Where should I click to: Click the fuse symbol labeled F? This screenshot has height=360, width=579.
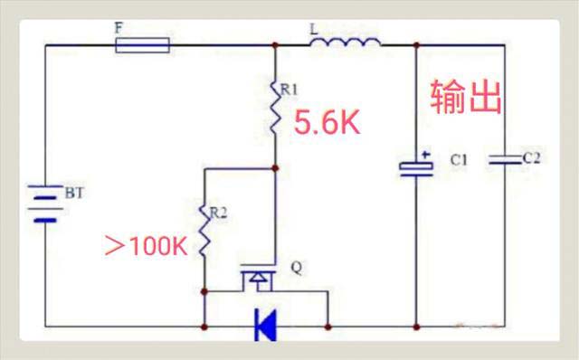pyautogui.click(x=143, y=44)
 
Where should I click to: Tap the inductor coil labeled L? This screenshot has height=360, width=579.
pyautogui.click(x=346, y=43)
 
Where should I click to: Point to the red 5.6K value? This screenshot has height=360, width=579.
pyautogui.click(x=327, y=124)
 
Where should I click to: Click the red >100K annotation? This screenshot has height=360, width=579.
pyautogui.click(x=146, y=245)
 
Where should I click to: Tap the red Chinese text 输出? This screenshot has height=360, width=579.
pyautogui.click(x=466, y=98)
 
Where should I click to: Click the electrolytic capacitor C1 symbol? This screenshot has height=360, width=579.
pyautogui.click(x=416, y=167)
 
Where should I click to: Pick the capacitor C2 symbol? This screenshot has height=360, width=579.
pyautogui.click(x=500, y=161)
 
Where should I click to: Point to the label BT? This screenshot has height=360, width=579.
pyautogui.click(x=73, y=193)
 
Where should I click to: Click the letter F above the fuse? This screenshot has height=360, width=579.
pyautogui.click(x=119, y=28)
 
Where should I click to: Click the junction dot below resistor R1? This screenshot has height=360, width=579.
pyautogui.click(x=274, y=167)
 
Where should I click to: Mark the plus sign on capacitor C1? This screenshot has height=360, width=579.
pyautogui.click(x=424, y=154)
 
